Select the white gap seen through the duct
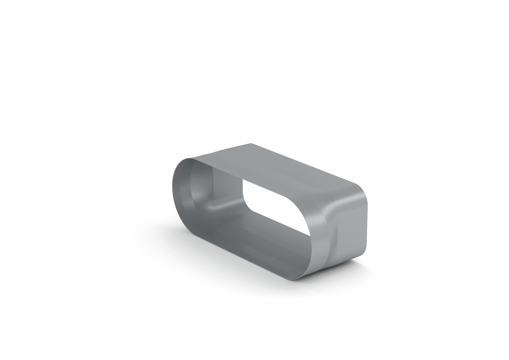[x=274, y=207]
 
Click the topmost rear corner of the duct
[x=251, y=144]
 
